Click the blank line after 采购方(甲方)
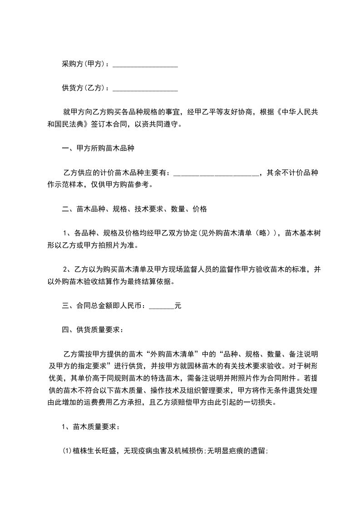click(x=145, y=65)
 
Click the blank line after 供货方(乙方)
click(x=145, y=88)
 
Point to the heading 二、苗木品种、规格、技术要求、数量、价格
click(x=134, y=209)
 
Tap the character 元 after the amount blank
click(x=178, y=306)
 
